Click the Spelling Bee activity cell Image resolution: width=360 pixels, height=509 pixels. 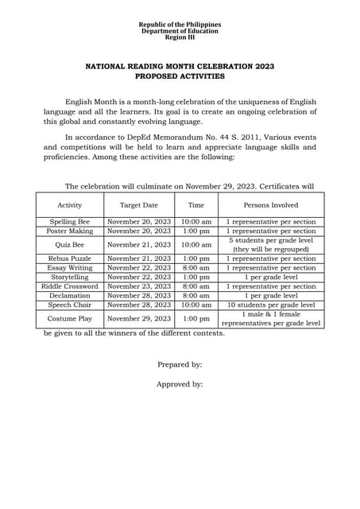coord(70,222)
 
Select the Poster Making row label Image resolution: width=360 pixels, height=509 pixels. coord(70,231)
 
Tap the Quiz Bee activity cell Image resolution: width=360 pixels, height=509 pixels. coord(70,245)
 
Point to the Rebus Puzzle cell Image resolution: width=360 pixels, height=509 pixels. coord(70,258)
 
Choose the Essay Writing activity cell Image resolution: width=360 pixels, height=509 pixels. coord(70,268)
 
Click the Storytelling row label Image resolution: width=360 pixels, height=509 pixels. coord(70,277)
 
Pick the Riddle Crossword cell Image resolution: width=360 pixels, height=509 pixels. coord(70,286)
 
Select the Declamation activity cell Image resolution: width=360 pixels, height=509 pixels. coord(70,295)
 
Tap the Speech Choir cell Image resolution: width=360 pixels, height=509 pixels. coord(70,305)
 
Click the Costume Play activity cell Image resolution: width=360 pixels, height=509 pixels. coord(70,318)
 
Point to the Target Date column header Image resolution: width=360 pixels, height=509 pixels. coord(139,205)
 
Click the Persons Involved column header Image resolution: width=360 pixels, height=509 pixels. coord(271,205)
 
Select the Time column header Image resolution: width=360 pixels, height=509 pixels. coord(195,205)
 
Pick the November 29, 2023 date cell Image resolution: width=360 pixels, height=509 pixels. coord(139,318)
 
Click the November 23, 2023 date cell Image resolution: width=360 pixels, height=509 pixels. coord(139,286)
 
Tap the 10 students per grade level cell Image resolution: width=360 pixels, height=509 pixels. coord(271,305)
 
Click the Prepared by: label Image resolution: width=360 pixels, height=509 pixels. coord(180,364)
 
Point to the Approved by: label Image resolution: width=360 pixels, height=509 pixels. coord(180,384)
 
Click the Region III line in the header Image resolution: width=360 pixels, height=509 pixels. coord(180,37)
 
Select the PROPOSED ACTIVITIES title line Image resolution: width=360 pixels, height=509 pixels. coord(180,76)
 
